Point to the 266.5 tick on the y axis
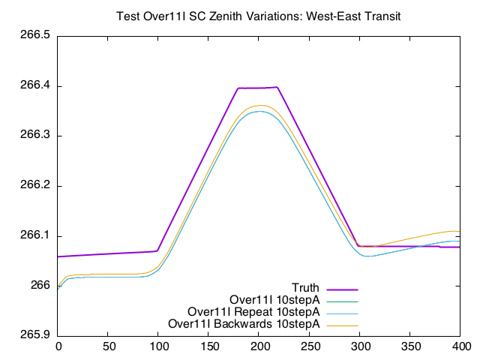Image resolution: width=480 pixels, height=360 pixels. pos(35,36)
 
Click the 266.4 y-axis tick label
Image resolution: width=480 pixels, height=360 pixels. pos(35,86)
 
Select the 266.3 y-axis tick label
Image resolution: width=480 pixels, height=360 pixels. pos(35,136)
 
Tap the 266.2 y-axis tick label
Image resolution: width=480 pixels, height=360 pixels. pos(35,186)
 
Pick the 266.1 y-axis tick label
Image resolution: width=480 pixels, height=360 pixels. pos(35,236)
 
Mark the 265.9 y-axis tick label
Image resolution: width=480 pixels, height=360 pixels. pos(35,336)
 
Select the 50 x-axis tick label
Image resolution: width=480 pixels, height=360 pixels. pos(108,346)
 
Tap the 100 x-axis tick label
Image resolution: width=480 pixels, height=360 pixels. pos(158,346)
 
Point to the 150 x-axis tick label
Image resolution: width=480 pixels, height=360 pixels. pos(209,346)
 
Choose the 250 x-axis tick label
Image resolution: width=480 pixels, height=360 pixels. pos(310,346)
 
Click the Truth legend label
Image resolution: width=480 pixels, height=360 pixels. pos(305,288)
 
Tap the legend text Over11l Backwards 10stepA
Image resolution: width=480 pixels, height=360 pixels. pos(244,324)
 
